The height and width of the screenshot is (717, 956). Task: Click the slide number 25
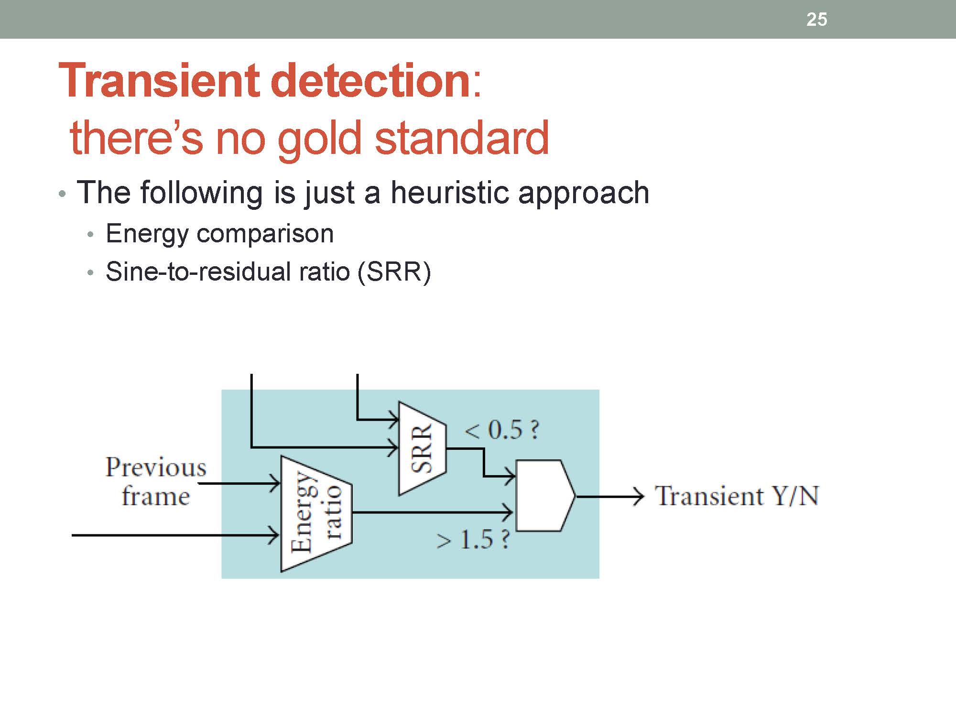point(816,20)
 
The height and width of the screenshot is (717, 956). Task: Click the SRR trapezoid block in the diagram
point(422,448)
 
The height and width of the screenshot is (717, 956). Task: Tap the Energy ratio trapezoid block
point(316,513)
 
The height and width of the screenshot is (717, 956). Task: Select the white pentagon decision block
point(544,496)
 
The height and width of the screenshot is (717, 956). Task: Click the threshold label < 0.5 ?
point(501,430)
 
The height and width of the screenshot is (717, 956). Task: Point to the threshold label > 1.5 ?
point(473,540)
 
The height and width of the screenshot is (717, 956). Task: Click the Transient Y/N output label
point(737,496)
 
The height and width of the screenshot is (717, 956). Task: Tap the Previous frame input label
point(155,481)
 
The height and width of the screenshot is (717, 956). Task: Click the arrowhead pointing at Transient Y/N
point(638,496)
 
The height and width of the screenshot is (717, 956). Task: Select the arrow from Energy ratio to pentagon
point(430,512)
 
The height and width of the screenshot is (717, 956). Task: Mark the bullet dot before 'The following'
point(62,194)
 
